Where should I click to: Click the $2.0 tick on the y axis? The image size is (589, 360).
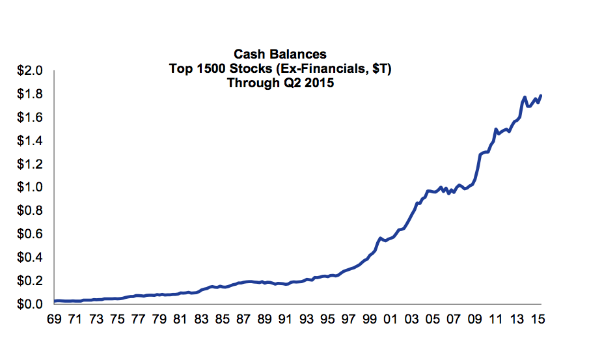(29, 70)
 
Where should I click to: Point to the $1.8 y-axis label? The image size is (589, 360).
(29, 94)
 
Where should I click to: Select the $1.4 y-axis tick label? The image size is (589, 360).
(29, 141)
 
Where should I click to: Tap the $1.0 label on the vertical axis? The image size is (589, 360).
(29, 187)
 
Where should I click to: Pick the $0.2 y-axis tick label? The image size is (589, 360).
(29, 281)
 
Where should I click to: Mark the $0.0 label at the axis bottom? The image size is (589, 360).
(29, 304)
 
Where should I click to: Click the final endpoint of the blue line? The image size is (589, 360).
(541, 96)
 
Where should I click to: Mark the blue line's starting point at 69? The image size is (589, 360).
(55, 301)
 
